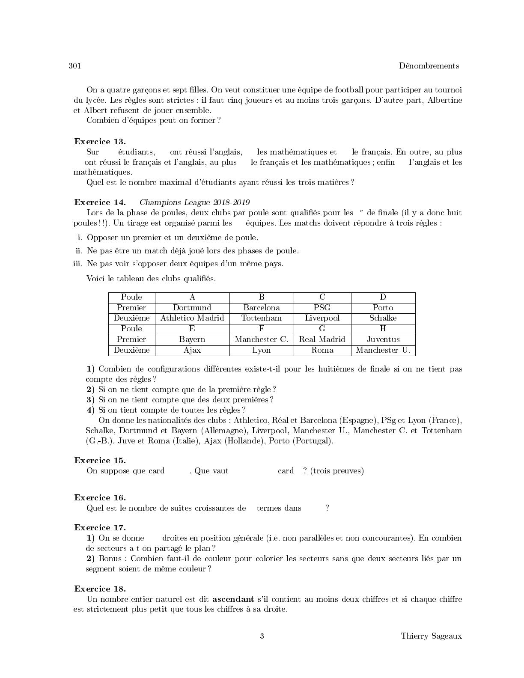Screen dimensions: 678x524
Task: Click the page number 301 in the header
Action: click(x=74, y=66)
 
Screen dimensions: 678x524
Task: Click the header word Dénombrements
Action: click(x=429, y=66)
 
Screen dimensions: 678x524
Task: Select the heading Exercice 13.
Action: click(x=100, y=142)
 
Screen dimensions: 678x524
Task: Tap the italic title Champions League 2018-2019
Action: click(x=195, y=202)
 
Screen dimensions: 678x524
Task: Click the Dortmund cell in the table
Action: click(x=192, y=308)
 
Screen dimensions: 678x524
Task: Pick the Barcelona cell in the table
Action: click(x=262, y=308)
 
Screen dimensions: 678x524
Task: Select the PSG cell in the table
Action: click(x=322, y=308)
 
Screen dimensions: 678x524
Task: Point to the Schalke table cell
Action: click(x=383, y=318)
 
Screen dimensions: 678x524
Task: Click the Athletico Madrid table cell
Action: click(x=192, y=318)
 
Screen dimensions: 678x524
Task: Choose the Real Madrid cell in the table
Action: click(x=322, y=339)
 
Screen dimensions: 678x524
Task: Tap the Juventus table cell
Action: click(x=383, y=339)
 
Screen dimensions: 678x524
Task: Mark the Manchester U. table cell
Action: click(x=383, y=350)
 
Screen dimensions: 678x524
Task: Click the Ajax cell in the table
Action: click(x=192, y=350)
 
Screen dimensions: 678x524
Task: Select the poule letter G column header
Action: click(x=322, y=329)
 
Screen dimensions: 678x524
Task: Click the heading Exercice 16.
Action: click(x=100, y=498)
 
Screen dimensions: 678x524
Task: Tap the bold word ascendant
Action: click(x=233, y=599)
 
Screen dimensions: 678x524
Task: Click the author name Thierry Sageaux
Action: click(x=431, y=636)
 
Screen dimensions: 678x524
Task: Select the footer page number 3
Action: click(x=262, y=636)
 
